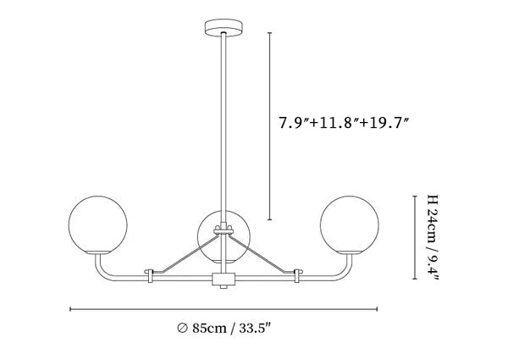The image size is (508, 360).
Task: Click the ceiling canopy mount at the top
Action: point(224,28)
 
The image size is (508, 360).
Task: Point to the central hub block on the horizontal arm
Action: point(224,280)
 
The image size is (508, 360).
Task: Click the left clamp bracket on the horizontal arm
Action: point(151,275)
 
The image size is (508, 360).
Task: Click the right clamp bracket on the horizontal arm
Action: point(297,275)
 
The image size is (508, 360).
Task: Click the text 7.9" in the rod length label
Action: point(294,123)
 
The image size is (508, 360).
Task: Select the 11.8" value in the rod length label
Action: point(338,123)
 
